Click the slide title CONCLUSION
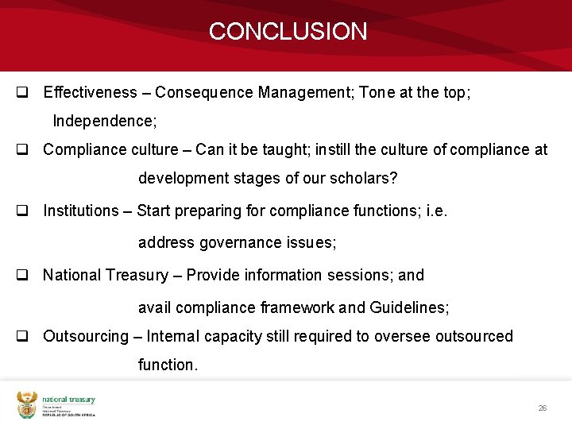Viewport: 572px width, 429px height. (288, 32)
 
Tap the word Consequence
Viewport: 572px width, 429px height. (204, 92)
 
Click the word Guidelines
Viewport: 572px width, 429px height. (408, 307)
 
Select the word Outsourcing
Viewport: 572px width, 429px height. (85, 336)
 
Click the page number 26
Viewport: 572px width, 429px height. (542, 408)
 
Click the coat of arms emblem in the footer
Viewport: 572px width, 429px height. (27, 405)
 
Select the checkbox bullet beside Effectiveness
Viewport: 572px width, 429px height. (23, 93)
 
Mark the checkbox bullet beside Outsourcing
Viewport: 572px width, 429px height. (23, 337)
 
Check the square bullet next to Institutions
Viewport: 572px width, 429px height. (23, 211)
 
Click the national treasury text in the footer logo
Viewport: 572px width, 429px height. (68, 400)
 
